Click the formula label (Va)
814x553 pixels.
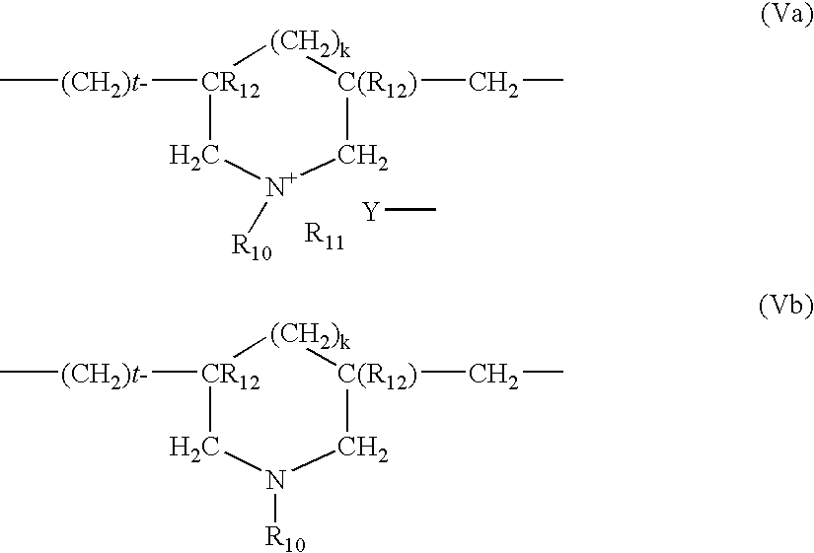point(787,16)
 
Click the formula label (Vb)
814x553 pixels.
point(787,307)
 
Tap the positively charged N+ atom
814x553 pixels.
point(281,185)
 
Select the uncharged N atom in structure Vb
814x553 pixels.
point(275,479)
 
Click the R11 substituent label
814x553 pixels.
point(324,237)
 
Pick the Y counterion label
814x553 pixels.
point(371,212)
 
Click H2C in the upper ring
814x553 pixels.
point(194,157)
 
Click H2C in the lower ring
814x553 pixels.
point(194,449)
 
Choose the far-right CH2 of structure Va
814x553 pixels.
point(493,84)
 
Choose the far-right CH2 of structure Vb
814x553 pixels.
point(493,376)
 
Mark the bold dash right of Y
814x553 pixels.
point(410,210)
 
